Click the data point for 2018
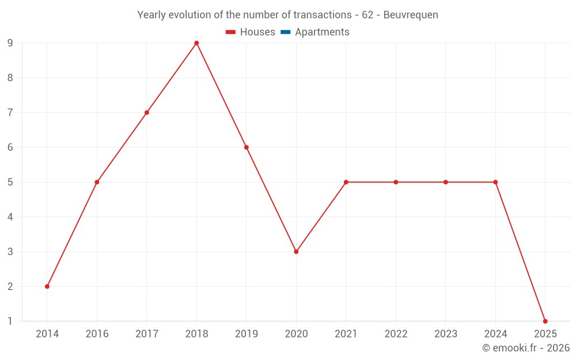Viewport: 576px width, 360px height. coord(196,43)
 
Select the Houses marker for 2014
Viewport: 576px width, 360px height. coord(47,286)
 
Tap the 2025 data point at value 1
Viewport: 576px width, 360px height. coord(545,321)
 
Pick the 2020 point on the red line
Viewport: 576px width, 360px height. coord(296,252)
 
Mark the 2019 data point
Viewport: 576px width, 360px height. coord(247,147)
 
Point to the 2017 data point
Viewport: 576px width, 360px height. coord(147,113)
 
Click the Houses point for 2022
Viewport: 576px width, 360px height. coord(396,182)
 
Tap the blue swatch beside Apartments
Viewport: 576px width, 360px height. coord(286,32)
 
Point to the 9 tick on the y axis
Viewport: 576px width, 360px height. coord(10,43)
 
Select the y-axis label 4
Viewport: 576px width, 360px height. coord(10,217)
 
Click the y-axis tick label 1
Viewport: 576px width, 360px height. coord(10,321)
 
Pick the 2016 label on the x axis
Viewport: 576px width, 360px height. coord(97,334)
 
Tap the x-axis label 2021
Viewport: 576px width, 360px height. coord(346,334)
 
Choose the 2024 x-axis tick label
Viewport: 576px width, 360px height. coord(495,334)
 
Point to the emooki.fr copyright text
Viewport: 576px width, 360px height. coord(526,347)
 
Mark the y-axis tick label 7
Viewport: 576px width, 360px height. coord(10,113)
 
